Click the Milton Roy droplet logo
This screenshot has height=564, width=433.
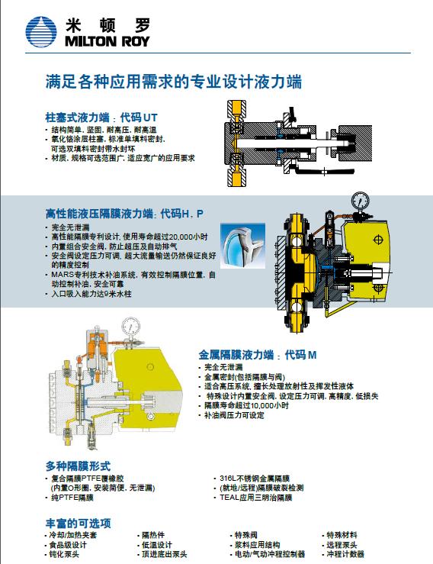click(41, 32)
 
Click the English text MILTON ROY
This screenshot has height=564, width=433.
click(107, 41)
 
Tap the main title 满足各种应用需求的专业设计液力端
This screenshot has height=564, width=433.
click(174, 82)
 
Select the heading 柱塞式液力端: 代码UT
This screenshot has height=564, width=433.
click(101, 118)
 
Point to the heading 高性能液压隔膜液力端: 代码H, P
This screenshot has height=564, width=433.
click(124, 214)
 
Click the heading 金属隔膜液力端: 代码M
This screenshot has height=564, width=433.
click(258, 355)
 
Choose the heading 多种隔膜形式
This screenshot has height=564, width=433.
click(78, 466)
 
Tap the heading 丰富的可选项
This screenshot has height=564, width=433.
click(78, 523)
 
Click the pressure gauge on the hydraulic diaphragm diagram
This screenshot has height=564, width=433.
click(360, 201)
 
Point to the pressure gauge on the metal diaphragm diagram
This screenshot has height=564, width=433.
click(130, 326)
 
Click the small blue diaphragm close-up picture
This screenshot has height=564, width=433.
click(242, 246)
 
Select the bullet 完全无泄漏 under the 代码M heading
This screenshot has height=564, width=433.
click(223, 367)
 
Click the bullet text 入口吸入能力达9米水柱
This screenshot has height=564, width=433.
click(91, 294)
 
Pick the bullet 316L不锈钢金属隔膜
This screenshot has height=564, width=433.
click(255, 479)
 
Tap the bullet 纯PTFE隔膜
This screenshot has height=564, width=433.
click(72, 498)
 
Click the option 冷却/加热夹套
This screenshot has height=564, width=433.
click(73, 535)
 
